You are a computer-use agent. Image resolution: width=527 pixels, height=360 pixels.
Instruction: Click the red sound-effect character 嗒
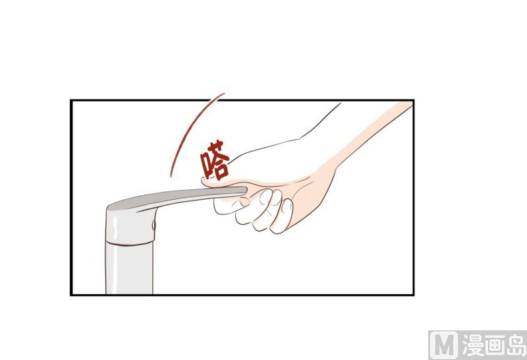pos(215,160)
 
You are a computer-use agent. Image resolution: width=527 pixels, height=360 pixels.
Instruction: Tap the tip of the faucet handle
pos(246,191)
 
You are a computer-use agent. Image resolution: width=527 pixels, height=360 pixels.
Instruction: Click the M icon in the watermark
pos(443,345)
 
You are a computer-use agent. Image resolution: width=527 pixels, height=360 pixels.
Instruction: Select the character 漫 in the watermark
pos(473,345)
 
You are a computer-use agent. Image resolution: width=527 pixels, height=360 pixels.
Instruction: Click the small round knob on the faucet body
pos(154,225)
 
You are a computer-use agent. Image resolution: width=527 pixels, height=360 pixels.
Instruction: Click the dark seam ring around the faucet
pos(130,243)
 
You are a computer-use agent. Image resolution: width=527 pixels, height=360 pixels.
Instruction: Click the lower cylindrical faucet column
pos(129,269)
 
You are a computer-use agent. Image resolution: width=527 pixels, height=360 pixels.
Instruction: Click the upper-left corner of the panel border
pos(71,100)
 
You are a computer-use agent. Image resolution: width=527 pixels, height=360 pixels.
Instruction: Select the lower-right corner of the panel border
pos(413,295)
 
